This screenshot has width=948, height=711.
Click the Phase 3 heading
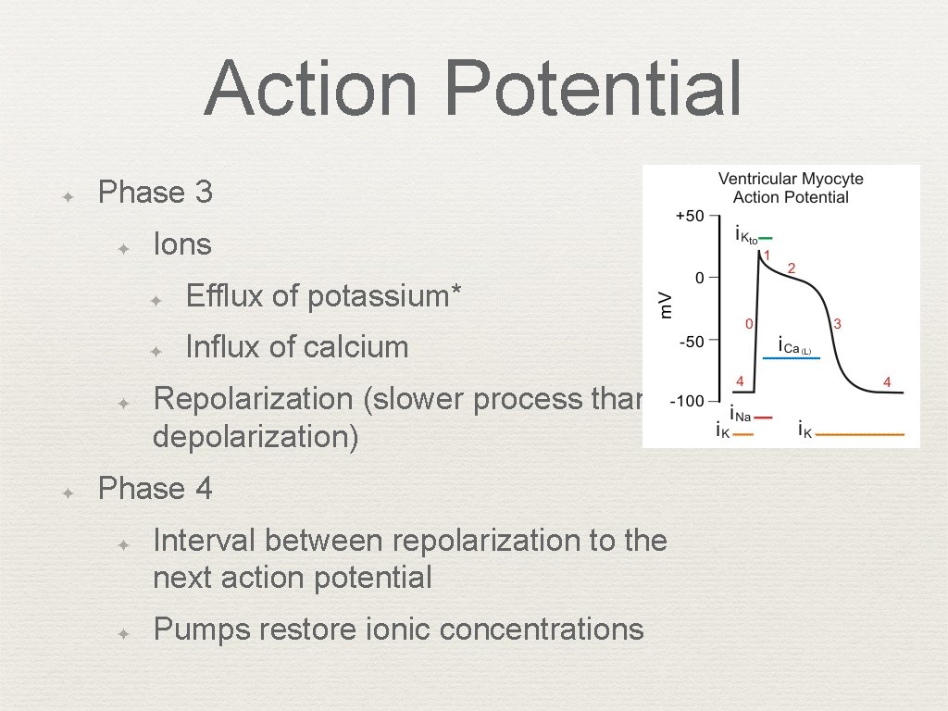click(x=155, y=193)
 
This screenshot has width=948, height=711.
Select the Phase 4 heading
click(x=155, y=488)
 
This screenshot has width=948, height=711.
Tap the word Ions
click(x=182, y=244)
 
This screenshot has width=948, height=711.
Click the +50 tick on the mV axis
click(x=690, y=215)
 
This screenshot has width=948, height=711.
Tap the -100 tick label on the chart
click(x=688, y=402)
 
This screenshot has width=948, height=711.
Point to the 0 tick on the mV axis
click(x=700, y=277)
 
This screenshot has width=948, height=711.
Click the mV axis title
click(x=665, y=304)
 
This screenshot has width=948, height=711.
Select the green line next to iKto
click(x=765, y=237)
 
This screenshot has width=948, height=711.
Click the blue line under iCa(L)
click(x=797, y=357)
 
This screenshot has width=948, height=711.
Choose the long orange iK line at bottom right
click(x=860, y=433)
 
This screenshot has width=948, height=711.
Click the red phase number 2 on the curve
click(x=792, y=268)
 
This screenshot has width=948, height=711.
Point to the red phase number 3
click(x=837, y=324)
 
